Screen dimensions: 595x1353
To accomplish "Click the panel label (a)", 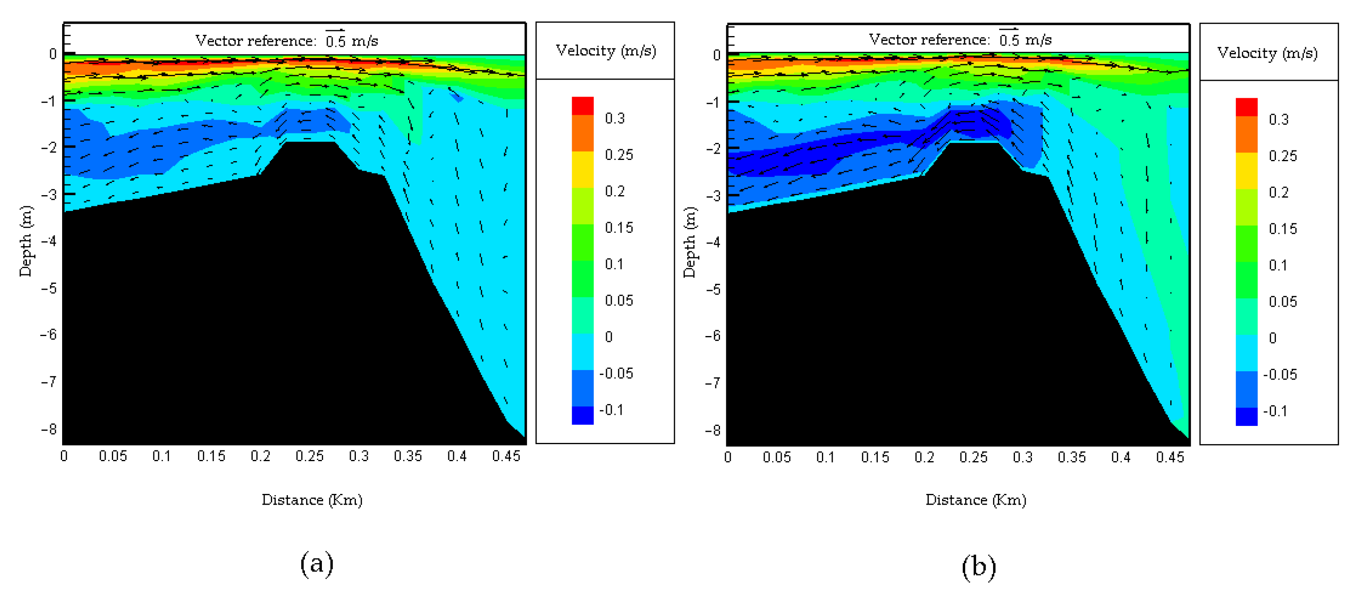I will [317, 564].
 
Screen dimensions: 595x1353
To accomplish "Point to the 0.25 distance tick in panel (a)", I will [309, 456].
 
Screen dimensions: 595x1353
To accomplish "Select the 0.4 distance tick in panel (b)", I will [1120, 457].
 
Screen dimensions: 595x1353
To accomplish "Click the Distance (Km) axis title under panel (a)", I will [312, 499].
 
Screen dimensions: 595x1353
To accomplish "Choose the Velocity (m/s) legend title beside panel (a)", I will [606, 51].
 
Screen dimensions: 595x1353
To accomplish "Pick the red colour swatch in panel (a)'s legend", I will [582, 106].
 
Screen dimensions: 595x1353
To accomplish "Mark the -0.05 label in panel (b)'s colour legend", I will [1280, 375].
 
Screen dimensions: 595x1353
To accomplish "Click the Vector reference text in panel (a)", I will [256, 41].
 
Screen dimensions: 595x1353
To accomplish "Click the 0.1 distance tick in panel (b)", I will [825, 457].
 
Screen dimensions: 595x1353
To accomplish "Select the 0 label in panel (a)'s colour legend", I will [609, 336].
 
